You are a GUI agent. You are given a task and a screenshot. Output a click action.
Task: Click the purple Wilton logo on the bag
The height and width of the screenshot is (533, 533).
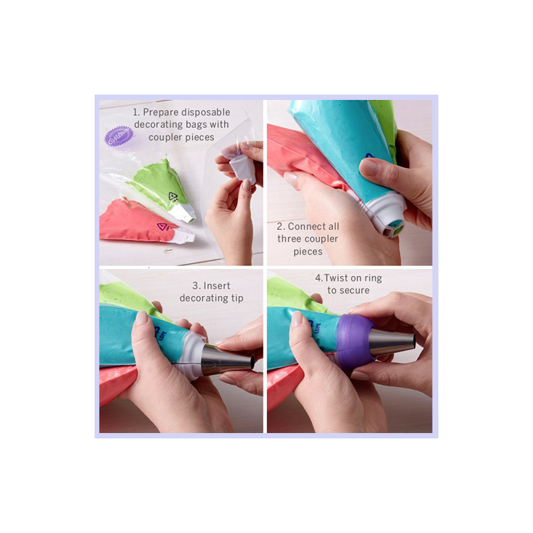coord(119,136)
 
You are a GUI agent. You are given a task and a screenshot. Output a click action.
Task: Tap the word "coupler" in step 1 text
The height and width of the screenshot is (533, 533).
coord(165,138)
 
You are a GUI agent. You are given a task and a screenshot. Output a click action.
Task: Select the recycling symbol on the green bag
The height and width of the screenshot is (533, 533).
coord(173,197)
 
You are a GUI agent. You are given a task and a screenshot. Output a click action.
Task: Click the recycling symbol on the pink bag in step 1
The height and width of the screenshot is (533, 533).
coord(163,227)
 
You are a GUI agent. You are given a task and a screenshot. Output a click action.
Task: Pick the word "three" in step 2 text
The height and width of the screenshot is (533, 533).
coord(288,239)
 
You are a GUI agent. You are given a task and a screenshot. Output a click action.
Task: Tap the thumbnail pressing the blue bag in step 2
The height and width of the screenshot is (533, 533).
coord(368,167)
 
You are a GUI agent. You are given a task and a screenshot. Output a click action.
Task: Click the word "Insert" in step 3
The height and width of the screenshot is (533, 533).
coord(217,286)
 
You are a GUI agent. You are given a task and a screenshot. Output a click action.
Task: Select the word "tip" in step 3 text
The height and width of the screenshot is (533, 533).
coord(237,298)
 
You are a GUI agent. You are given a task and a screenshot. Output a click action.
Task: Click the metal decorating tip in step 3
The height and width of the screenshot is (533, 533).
coord(229,360)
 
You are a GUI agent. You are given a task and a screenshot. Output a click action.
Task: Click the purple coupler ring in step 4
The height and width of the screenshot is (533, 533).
coord(354,342)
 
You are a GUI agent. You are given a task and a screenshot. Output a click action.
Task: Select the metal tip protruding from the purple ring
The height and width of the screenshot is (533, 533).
coord(392,342)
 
